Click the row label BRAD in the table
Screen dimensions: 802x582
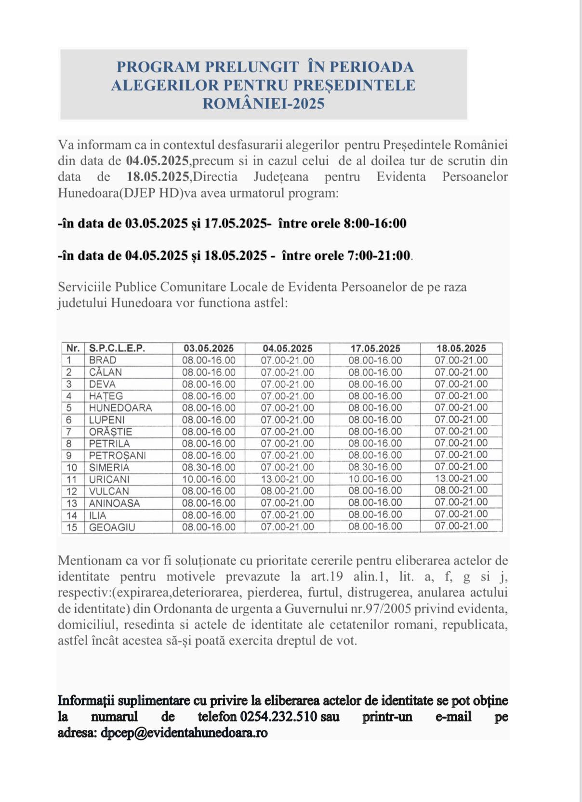click(x=103, y=360)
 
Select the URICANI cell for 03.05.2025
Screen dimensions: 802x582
click(x=209, y=479)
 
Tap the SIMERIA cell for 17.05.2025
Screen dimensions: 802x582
click(x=375, y=467)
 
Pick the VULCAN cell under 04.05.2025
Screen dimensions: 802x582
click(x=287, y=491)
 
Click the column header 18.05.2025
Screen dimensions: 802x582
click(x=461, y=348)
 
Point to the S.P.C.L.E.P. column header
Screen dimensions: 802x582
click(x=117, y=348)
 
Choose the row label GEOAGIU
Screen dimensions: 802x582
click(x=112, y=527)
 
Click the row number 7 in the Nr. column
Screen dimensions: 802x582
click(x=69, y=432)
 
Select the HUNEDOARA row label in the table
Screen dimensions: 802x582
click(x=120, y=408)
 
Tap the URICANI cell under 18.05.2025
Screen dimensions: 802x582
click(x=461, y=479)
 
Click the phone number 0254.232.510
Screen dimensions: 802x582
click(x=278, y=717)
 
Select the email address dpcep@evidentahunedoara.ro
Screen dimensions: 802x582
click(x=184, y=733)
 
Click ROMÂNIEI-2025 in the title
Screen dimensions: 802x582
click(x=264, y=104)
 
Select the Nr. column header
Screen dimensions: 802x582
click(x=73, y=348)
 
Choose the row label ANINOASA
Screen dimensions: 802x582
click(x=114, y=503)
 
